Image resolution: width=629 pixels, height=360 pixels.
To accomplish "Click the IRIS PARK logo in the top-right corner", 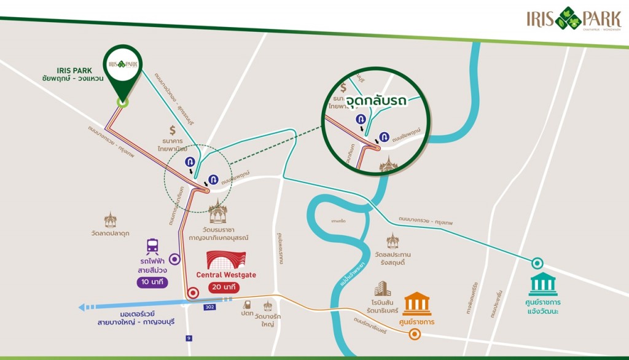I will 573,19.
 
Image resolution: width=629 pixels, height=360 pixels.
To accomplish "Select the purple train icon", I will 152,247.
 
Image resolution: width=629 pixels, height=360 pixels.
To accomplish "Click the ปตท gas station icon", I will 248,304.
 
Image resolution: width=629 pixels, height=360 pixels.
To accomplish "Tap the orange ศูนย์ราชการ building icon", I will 416,303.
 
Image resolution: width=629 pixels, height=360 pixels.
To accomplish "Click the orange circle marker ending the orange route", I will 415,335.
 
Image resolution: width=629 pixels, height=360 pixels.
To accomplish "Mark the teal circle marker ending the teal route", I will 537,262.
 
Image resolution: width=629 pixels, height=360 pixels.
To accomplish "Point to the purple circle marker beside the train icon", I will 175,259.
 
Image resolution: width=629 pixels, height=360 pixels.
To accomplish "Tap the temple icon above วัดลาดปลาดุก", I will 111,220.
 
